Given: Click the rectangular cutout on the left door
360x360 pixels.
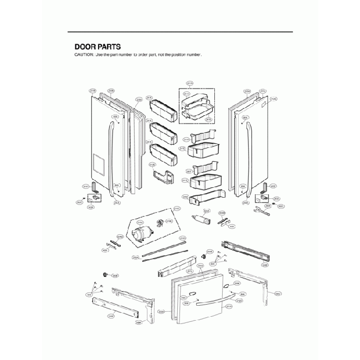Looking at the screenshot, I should (97, 163).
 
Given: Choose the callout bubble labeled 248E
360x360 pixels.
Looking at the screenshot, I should (266, 265).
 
